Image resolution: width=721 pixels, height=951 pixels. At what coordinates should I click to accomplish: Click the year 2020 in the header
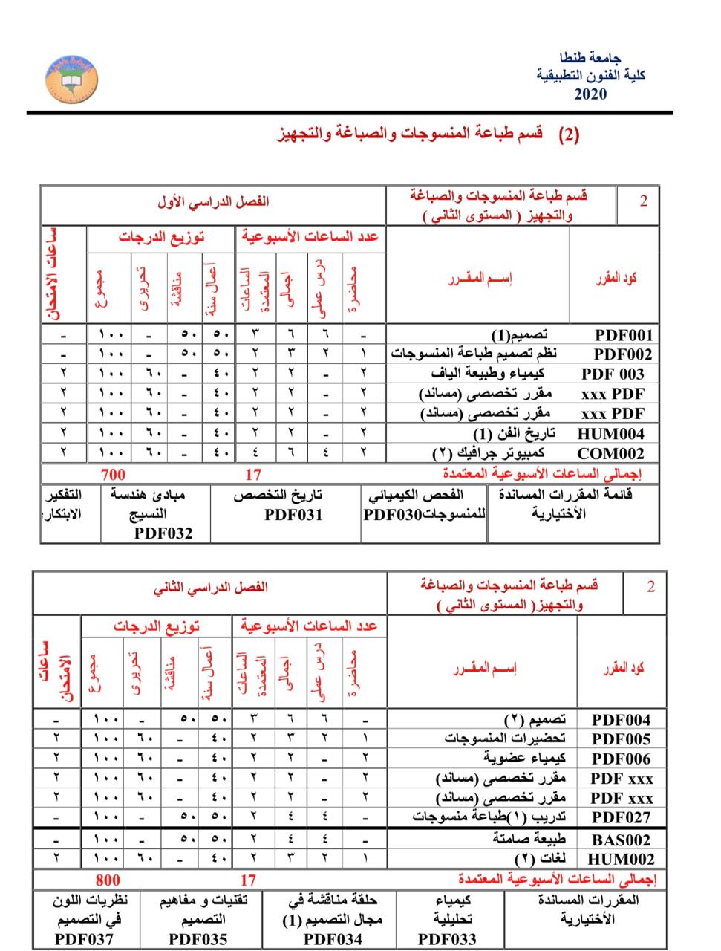point(590,94)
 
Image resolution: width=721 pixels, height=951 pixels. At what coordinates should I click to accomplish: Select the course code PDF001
point(623,336)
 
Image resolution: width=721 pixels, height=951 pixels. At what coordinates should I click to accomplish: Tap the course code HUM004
point(610,434)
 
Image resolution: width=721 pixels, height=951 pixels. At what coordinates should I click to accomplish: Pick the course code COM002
point(610,453)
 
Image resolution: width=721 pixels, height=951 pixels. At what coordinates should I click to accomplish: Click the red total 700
point(113,474)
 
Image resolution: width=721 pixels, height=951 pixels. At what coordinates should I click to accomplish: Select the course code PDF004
point(621,720)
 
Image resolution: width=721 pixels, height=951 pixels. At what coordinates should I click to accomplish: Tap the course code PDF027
point(621,817)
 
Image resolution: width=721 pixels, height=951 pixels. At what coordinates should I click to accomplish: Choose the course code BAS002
point(621,840)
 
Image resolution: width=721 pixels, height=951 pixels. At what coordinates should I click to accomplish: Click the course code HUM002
point(621,860)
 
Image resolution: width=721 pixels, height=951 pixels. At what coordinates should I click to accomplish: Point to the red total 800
point(108,880)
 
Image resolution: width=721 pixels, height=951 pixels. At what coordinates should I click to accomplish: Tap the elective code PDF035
point(198,938)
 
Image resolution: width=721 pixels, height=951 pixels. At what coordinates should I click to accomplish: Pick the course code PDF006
point(621,759)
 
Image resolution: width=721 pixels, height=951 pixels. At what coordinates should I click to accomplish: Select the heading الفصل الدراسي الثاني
point(211,588)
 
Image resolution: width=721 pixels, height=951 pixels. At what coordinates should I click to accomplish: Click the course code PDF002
point(623,355)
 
